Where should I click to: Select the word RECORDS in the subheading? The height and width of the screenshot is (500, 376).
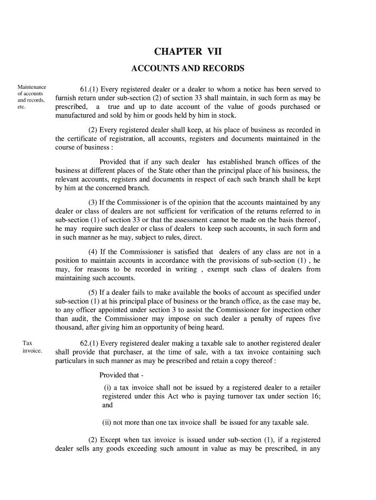tap(223, 68)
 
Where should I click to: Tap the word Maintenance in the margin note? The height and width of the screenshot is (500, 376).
tap(32, 87)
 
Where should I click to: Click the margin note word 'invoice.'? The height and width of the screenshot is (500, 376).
tap(32, 351)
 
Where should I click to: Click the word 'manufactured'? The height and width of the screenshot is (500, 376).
tap(76, 116)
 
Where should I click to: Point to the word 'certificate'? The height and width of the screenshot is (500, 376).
tap(85, 139)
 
